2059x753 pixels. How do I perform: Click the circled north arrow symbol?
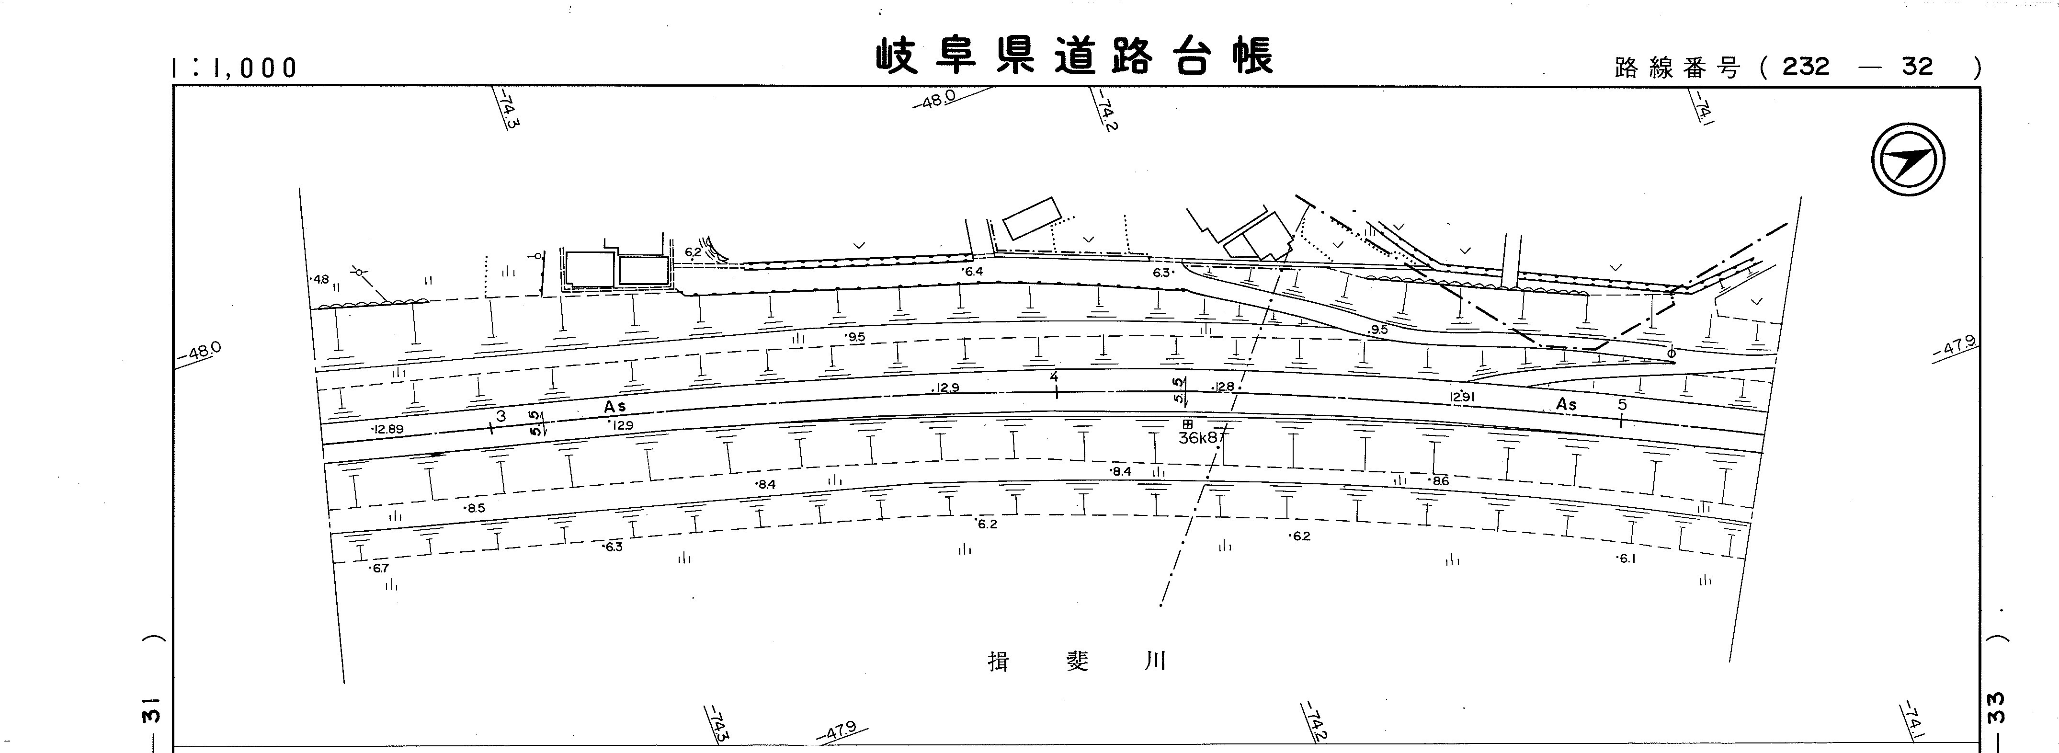pyautogui.click(x=1908, y=160)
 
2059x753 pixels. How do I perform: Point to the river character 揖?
pyautogui.click(x=998, y=662)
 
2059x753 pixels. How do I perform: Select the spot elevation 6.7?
pyautogui.click(x=380, y=569)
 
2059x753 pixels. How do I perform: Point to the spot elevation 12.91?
pyautogui.click(x=1461, y=397)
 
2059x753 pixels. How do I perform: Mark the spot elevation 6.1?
pyautogui.click(x=1627, y=559)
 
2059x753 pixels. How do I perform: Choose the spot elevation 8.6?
pyautogui.click(x=1440, y=481)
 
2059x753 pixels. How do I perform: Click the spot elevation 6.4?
pyautogui.click(x=974, y=272)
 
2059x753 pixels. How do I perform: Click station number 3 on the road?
pyautogui.click(x=501, y=416)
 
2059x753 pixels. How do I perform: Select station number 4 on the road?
pyautogui.click(x=1054, y=376)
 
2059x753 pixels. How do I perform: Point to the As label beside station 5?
pyautogui.click(x=1567, y=404)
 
